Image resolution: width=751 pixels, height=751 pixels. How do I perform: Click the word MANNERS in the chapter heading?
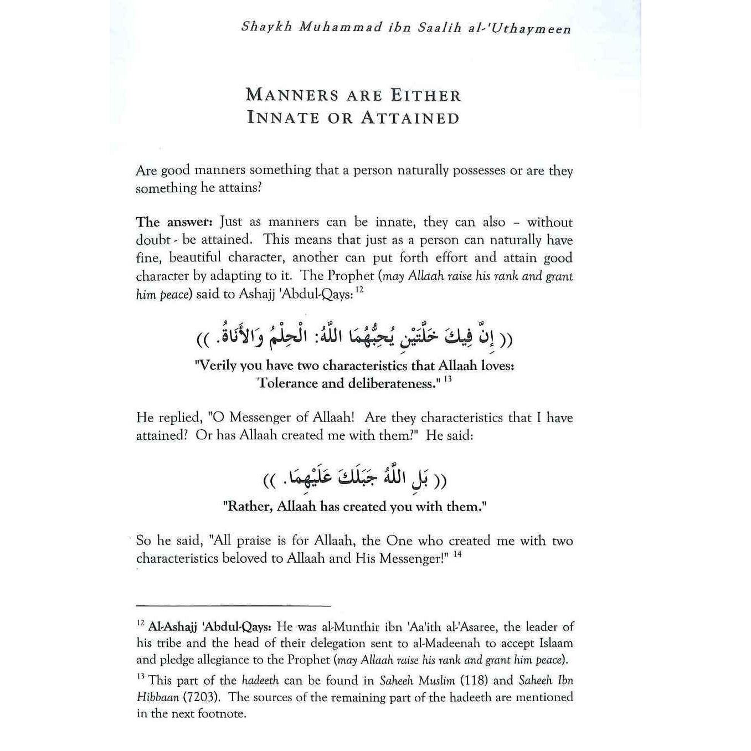pos(292,95)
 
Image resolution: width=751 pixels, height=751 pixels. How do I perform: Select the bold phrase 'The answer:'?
pos(174,223)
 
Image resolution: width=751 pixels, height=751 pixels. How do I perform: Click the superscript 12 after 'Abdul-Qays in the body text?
pos(359,290)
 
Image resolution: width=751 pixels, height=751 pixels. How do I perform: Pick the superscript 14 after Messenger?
pos(457,554)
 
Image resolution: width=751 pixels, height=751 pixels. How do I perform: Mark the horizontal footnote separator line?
pos(233,606)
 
